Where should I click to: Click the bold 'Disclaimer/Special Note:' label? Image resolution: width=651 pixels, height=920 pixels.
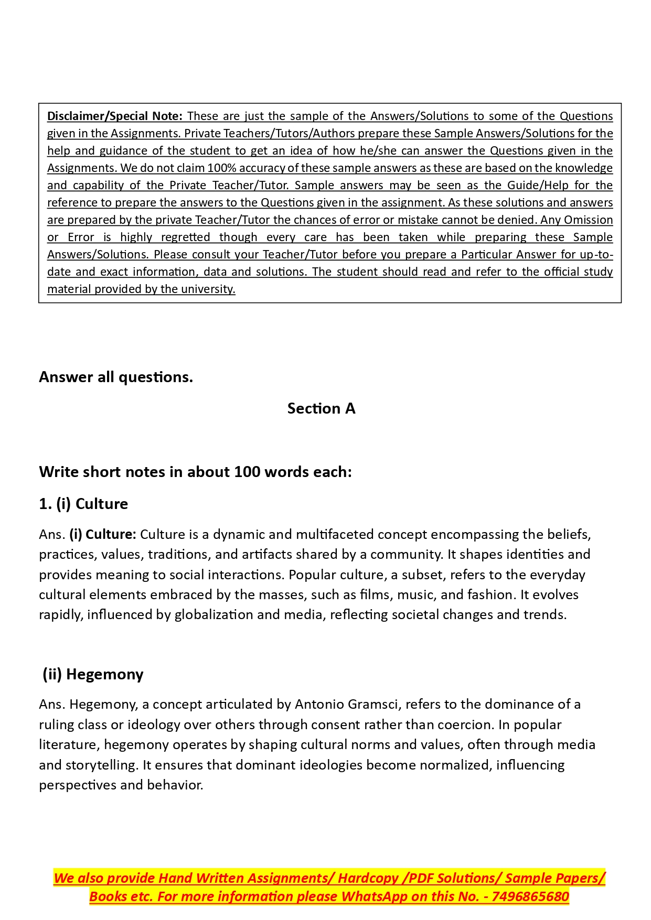point(114,116)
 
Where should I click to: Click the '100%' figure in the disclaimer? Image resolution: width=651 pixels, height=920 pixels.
point(222,168)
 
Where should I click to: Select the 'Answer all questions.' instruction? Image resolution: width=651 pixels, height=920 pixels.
point(116,377)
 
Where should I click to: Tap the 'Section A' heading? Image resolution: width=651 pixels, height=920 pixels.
point(321,408)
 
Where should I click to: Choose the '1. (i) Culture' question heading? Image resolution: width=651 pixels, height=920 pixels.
point(83,504)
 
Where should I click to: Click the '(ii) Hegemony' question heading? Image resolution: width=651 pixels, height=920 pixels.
point(93,674)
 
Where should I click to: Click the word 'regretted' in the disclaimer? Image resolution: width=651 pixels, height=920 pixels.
point(185,237)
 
